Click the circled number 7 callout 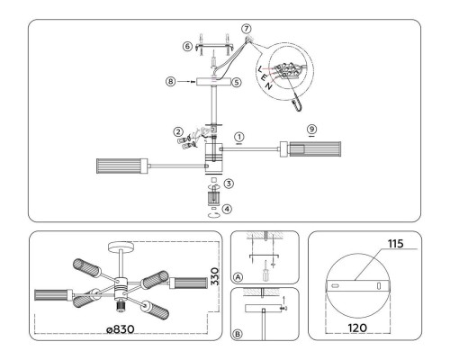pyautogui.click(x=247, y=29)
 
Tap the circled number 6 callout pyautogui.click(x=187, y=47)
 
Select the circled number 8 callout pyautogui.click(x=171, y=82)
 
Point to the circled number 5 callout pyautogui.click(x=237, y=82)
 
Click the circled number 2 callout pyautogui.click(x=178, y=131)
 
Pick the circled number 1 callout pyautogui.click(x=239, y=137)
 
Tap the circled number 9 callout pyautogui.click(x=312, y=129)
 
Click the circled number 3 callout pyautogui.click(x=229, y=184)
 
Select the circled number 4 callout pyautogui.click(x=227, y=209)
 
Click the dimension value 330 pyautogui.click(x=215, y=276)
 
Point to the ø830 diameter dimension pyautogui.click(x=121, y=329)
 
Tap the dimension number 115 pyautogui.click(x=396, y=244)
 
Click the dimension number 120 pyautogui.click(x=357, y=328)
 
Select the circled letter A pyautogui.click(x=238, y=277)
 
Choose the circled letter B pyautogui.click(x=238, y=334)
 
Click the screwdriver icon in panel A pyautogui.click(x=265, y=271)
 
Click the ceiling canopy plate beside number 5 pyautogui.click(x=214, y=82)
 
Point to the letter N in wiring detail pyautogui.click(x=269, y=86)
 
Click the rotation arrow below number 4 pyautogui.click(x=214, y=215)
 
